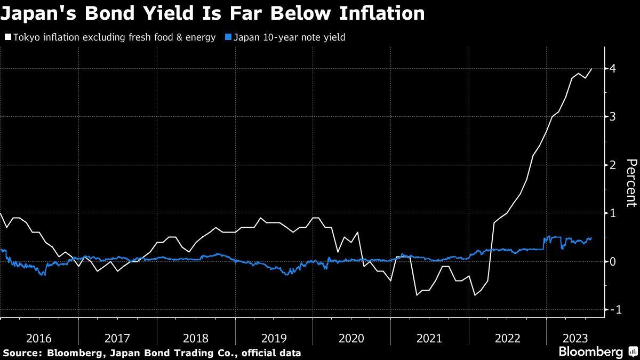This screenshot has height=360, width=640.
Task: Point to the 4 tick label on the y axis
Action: pyautogui.click(x=613, y=68)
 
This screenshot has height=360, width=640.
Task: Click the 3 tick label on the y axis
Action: pyautogui.click(x=613, y=117)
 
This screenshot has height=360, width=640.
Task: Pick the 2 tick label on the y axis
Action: pyautogui.click(x=613, y=165)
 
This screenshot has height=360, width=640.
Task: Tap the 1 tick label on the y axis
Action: pyautogui.click(x=613, y=213)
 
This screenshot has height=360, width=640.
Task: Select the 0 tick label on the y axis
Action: pyautogui.click(x=613, y=261)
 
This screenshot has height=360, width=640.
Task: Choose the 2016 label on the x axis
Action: pyautogui.click(x=39, y=338)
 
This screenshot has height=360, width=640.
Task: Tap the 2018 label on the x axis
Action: pyautogui.click(x=195, y=338)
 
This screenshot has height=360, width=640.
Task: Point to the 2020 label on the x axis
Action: pyautogui.click(x=351, y=338)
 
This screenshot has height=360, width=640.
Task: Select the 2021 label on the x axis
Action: pyautogui.click(x=429, y=338)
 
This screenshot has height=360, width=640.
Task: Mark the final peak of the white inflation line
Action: pyautogui.click(x=591, y=68)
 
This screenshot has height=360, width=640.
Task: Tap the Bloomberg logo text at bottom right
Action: pyautogui.click(x=590, y=352)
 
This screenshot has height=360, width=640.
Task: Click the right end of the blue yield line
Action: pyautogui.click(x=591, y=238)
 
